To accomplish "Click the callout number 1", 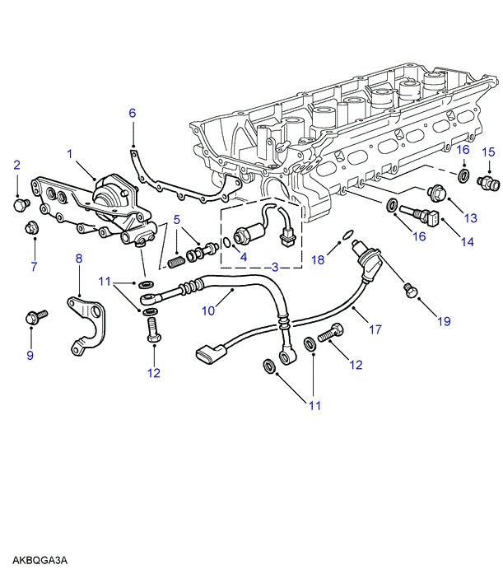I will coord(70,153).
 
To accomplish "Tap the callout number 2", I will coord(16,166).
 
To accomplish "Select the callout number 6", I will coord(132,114).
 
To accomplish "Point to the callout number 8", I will coord(79,259).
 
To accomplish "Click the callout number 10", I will coord(208,311).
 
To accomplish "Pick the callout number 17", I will coord(375,329).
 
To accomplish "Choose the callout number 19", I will coord(444,321).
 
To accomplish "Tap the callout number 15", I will coord(487,152).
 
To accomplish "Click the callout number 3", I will coord(275,267).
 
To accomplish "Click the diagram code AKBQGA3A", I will coord(40,561).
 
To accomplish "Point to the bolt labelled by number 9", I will coord(35,315).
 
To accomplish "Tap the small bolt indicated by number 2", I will coord(20,202).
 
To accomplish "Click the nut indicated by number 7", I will coord(32,227).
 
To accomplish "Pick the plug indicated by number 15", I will coord(485,181).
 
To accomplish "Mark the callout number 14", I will coord(467,242).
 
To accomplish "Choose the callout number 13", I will coord(470,217).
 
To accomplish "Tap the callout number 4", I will coord(244,256).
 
